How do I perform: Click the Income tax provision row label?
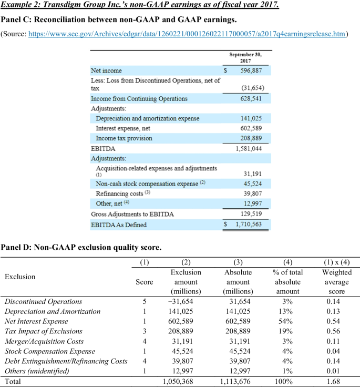tap(124, 138)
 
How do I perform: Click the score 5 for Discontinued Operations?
tap(144, 301)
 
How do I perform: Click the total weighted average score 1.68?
tap(334, 381)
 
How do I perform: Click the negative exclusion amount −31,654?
tap(188, 301)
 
